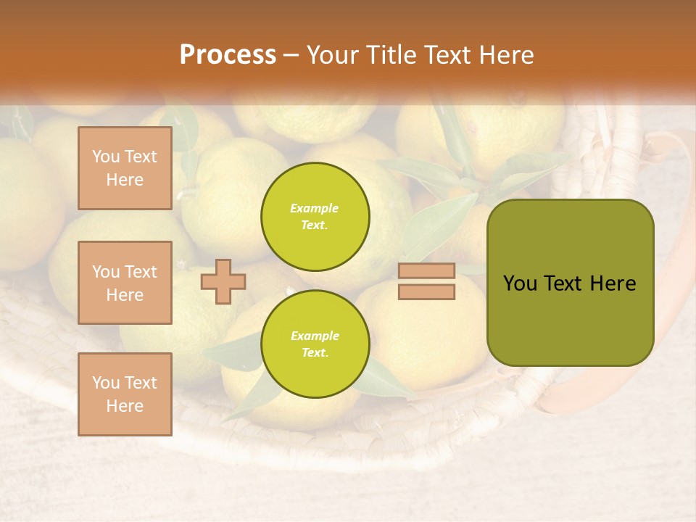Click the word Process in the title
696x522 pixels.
tap(228, 54)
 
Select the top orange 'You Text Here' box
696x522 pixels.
tap(125, 168)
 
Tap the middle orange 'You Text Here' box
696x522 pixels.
tap(125, 283)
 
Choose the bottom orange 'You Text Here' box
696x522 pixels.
tap(125, 394)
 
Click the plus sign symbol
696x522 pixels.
tap(223, 281)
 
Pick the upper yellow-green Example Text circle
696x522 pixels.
tap(315, 216)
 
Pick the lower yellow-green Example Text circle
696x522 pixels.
tap(315, 344)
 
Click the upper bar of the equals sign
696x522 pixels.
tap(426, 271)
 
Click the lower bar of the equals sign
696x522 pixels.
tap(426, 291)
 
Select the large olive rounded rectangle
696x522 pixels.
tap(570, 319)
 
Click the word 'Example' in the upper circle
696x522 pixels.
tap(314, 208)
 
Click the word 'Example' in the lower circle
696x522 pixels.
tap(314, 336)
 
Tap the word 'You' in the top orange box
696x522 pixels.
tap(106, 157)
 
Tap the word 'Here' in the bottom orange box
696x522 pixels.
tap(125, 406)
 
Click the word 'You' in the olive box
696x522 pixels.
tap(520, 283)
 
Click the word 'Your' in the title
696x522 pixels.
tap(331, 54)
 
